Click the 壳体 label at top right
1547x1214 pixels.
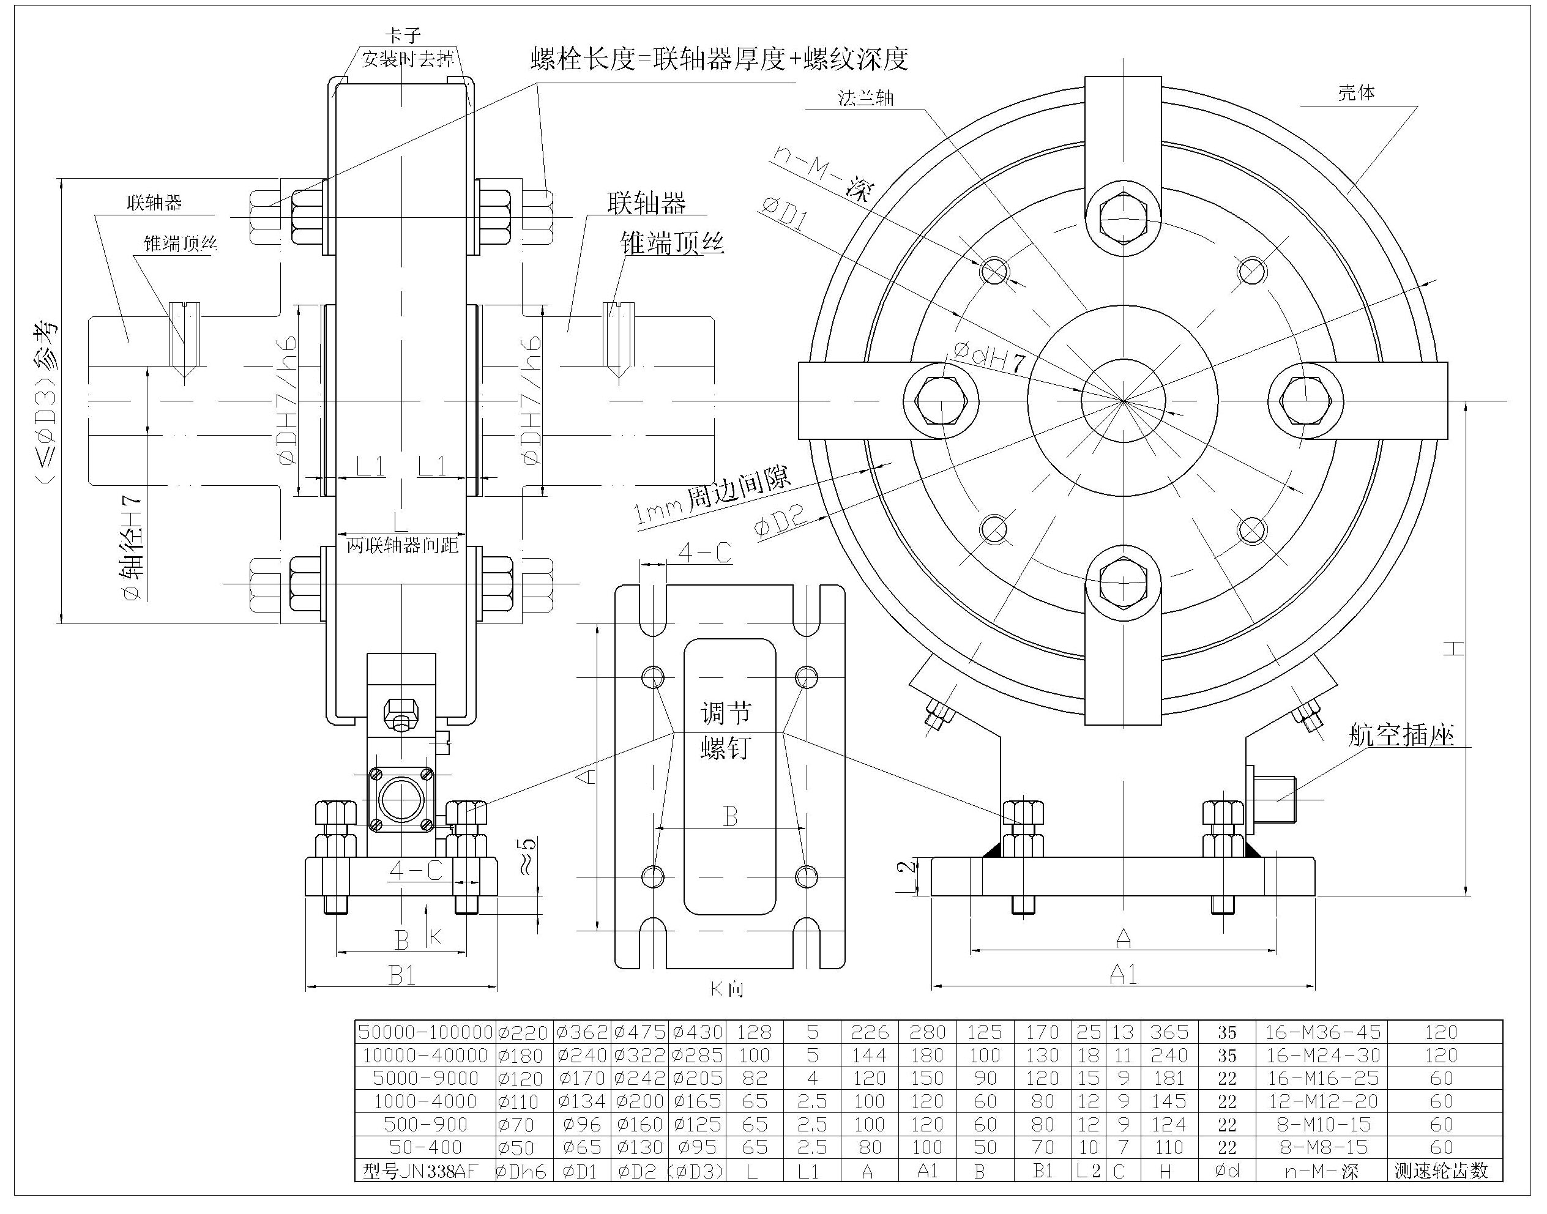1355,93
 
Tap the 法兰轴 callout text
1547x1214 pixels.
865,99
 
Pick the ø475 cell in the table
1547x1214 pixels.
639,1032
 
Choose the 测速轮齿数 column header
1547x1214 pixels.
1441,1171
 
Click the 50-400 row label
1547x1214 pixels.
425,1147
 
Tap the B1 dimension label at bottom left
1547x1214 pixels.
403,975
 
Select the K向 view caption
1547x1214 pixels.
726,989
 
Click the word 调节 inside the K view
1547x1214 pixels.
725,712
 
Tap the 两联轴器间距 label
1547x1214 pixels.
403,546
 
